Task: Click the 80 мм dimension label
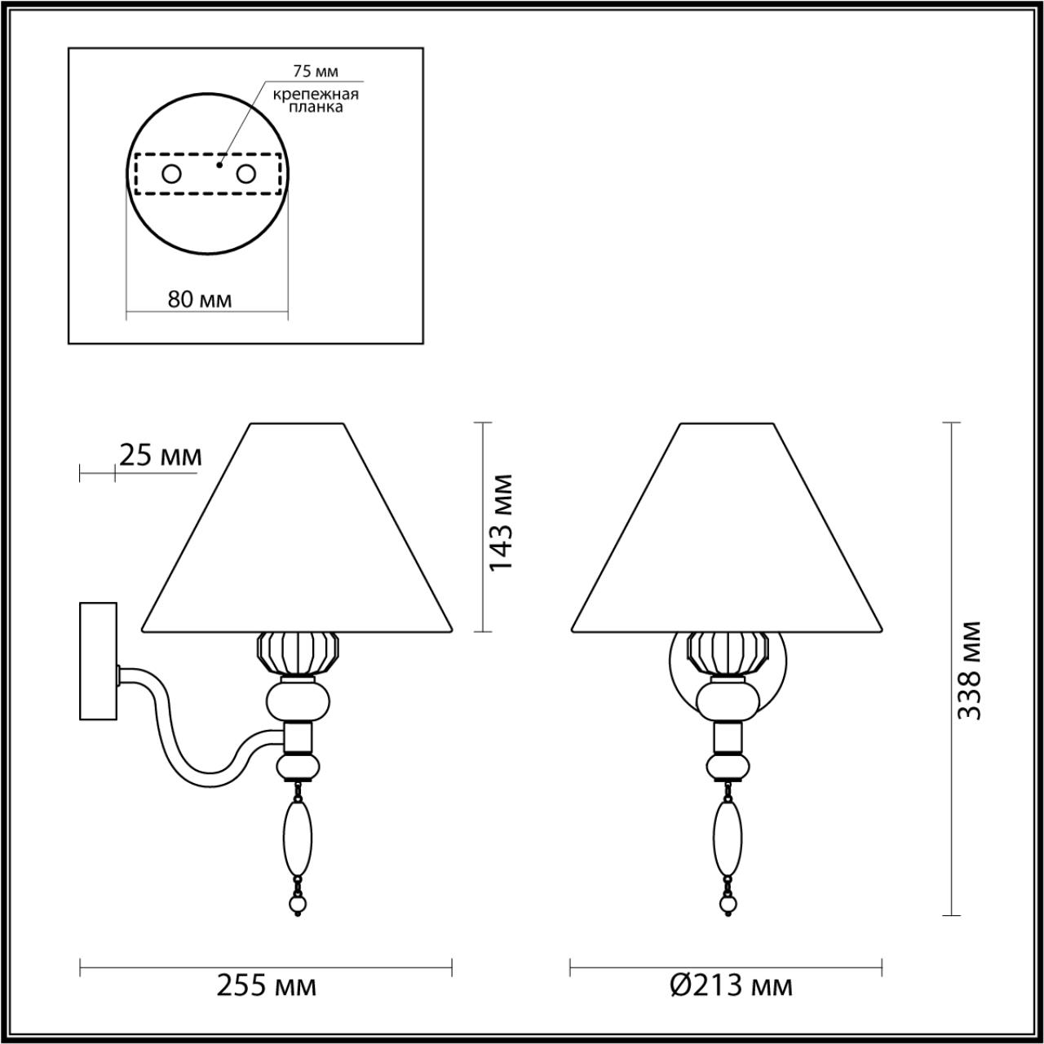point(200,300)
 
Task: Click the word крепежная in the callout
point(316,94)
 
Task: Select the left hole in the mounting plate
point(171,174)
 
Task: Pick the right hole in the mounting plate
point(246,174)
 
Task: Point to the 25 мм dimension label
point(160,455)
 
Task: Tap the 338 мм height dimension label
point(970,670)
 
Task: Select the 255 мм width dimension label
point(266,986)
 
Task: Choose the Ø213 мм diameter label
point(731,986)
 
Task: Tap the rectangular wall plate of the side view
point(98,661)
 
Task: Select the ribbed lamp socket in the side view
point(298,652)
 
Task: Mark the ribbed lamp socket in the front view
point(728,652)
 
